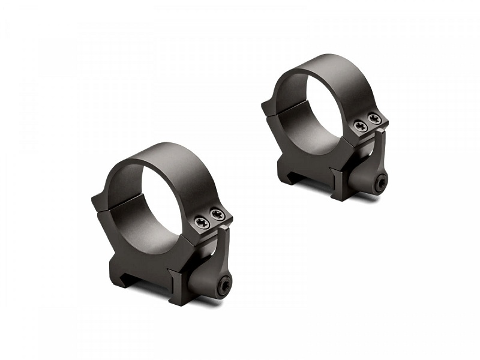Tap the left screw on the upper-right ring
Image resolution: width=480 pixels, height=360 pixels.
coord(360,125)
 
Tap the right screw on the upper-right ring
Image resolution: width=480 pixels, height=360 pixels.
coord(374,118)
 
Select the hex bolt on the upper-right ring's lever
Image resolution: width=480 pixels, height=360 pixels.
coord(380,185)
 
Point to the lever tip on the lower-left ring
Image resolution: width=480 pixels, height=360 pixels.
coord(225,230)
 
